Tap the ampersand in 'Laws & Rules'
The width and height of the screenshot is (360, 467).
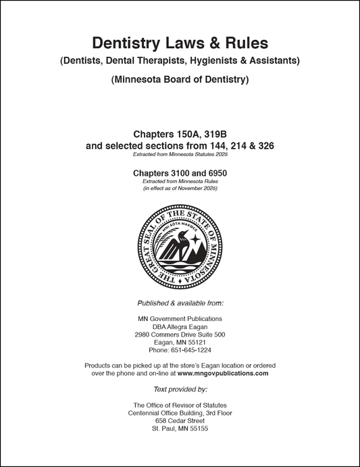pyautogui.click(x=215, y=44)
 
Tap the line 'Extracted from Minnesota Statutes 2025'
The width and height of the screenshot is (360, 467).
pyautogui.click(x=180, y=155)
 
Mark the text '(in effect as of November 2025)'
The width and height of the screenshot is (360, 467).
pyautogui.click(x=180, y=189)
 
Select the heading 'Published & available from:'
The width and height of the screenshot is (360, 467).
pyautogui.click(x=180, y=303)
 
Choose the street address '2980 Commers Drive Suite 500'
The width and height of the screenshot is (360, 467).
pyautogui.click(x=180, y=335)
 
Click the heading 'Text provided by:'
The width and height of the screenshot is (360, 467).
pyautogui.click(x=180, y=389)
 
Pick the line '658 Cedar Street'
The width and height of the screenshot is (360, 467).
pyautogui.click(x=180, y=420)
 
